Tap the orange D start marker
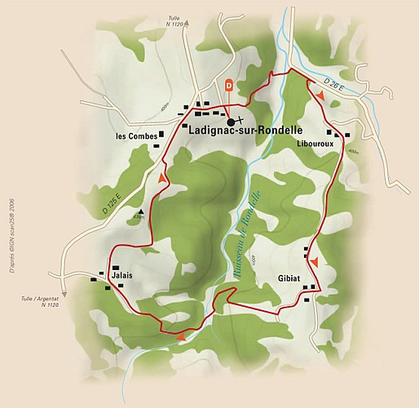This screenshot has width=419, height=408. [228, 84]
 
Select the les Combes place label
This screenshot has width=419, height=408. [136, 135]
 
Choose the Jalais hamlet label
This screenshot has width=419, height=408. [120, 277]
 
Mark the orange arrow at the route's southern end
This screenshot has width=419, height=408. [179, 335]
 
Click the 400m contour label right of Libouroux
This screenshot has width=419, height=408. [352, 152]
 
